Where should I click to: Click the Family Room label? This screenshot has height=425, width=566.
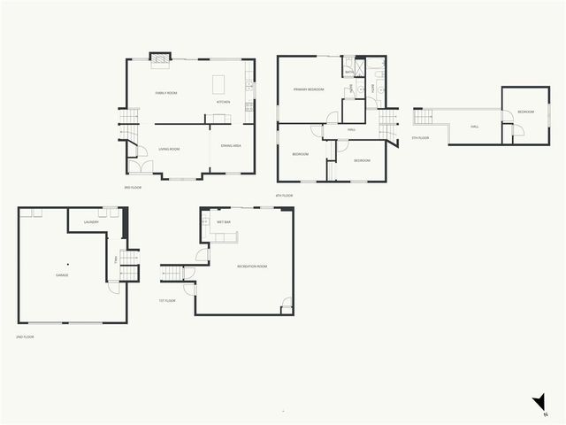(x=166, y=93)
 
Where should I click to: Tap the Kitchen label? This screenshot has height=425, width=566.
(x=223, y=102)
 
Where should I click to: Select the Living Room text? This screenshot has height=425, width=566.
(x=169, y=149)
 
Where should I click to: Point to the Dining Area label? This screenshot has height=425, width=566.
(x=232, y=145)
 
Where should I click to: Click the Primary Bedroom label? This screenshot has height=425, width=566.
(x=309, y=89)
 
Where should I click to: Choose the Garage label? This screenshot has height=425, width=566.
(x=62, y=275)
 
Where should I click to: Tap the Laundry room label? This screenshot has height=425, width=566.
(x=90, y=222)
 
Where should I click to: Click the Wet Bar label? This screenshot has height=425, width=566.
(x=224, y=222)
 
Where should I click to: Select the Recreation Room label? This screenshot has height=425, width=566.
(x=252, y=267)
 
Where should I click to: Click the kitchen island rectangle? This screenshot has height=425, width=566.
(x=220, y=84)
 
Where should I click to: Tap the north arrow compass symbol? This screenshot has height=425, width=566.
(x=539, y=404)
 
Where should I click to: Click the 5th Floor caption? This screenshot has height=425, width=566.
(x=420, y=138)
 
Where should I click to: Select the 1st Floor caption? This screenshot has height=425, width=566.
(x=167, y=300)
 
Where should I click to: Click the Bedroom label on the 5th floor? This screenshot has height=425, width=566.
(x=525, y=112)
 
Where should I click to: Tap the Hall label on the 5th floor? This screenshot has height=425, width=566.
(x=475, y=127)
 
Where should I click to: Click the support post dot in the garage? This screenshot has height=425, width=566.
(x=69, y=264)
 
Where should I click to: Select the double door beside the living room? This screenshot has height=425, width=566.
(x=137, y=165)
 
